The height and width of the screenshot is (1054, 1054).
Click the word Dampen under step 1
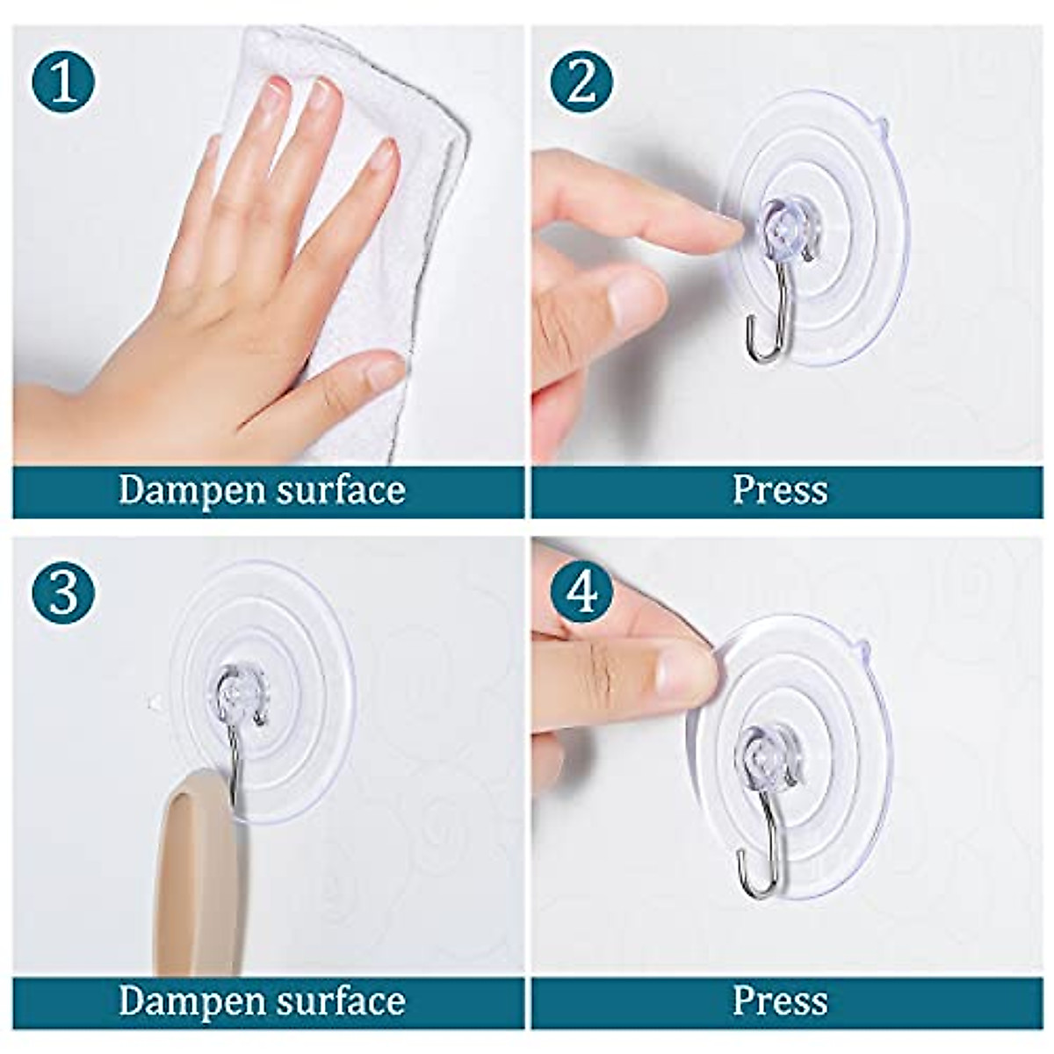[193, 490]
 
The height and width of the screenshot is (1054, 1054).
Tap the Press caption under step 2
[780, 490]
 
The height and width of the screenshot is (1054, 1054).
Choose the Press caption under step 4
[780, 1001]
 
